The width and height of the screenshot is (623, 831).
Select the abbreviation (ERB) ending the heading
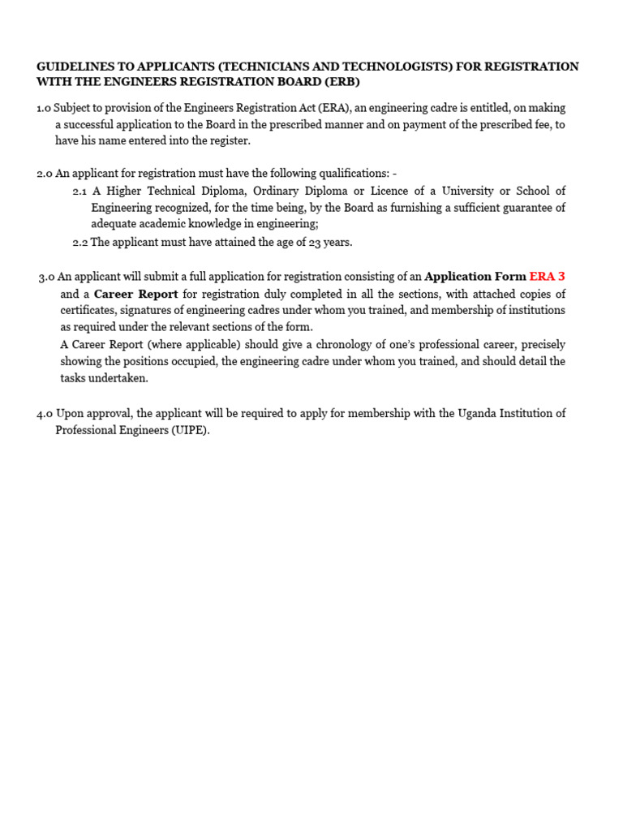pyautogui.click(x=340, y=82)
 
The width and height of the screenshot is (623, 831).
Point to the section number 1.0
pyautogui.click(x=44, y=108)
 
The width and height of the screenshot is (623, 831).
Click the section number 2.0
pyautogui.click(x=45, y=174)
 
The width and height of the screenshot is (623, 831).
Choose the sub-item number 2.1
pyautogui.click(x=79, y=191)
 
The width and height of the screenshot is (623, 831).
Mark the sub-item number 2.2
pyautogui.click(x=79, y=242)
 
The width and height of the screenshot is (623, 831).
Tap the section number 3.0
pyautogui.click(x=46, y=277)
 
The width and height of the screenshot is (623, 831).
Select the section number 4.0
pyautogui.click(x=45, y=414)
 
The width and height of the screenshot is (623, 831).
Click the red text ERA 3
pyautogui.click(x=547, y=277)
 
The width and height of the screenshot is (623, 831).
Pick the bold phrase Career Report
pyautogui.click(x=135, y=294)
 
